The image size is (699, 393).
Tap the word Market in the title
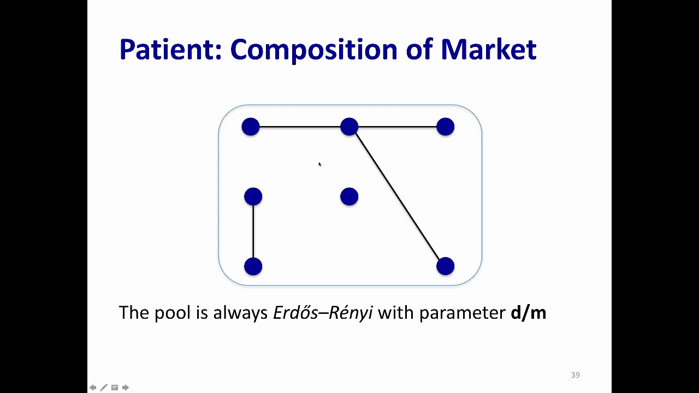click(488, 49)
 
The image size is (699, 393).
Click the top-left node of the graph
click(251, 127)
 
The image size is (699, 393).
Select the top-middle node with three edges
click(349, 127)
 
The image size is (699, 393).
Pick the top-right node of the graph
click(446, 127)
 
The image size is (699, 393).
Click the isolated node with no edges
click(349, 196)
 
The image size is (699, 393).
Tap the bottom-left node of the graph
click(253, 266)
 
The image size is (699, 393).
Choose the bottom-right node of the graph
click(446, 266)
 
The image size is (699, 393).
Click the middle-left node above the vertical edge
click(253, 196)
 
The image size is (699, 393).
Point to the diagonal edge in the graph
click(398, 197)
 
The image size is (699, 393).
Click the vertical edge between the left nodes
click(253, 231)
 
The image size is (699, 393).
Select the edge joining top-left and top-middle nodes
click(300, 127)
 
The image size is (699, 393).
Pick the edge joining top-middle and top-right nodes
click(398, 127)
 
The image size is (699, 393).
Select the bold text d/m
click(528, 313)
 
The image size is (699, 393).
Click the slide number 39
click(575, 375)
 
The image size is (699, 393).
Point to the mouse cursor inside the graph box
click(319, 164)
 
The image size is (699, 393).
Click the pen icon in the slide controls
click(104, 388)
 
